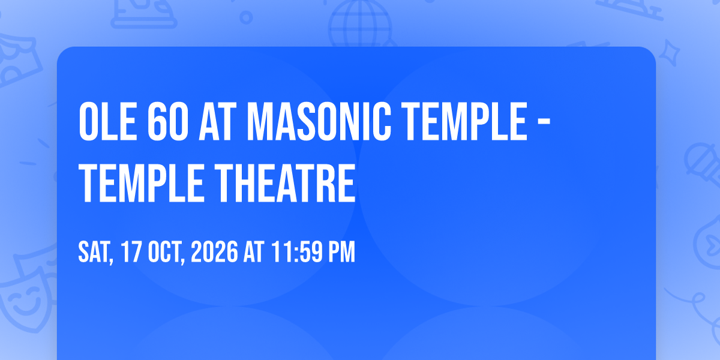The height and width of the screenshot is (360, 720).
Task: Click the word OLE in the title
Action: tap(108, 122)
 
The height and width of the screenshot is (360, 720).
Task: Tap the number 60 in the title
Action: tap(168, 122)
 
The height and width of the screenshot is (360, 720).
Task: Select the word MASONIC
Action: tap(319, 122)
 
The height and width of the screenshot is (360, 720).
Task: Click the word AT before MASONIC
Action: tap(215, 122)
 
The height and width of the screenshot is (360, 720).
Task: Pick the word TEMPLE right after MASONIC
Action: tap(464, 122)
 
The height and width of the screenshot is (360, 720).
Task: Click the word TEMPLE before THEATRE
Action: tap(142, 183)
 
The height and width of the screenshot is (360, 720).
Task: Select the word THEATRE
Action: tap(285, 183)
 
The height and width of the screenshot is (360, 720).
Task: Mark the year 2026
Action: tap(214, 252)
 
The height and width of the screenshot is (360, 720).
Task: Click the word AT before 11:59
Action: tap(254, 252)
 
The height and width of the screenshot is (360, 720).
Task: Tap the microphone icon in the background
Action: tap(703, 164)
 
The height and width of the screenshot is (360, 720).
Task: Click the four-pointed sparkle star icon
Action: tap(670, 53)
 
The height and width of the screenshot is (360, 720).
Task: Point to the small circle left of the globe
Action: tap(246, 17)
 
